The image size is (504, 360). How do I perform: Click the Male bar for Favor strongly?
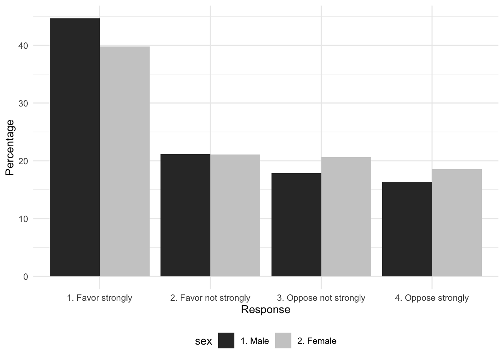[x=75, y=147]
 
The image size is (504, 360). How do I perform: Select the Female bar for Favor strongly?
[x=124, y=161]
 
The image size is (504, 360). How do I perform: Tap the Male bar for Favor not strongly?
[x=185, y=215]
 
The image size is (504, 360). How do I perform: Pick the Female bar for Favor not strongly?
[x=235, y=215]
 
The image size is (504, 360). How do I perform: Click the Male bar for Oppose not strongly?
[x=296, y=225]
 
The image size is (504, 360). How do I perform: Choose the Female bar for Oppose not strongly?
[x=346, y=217]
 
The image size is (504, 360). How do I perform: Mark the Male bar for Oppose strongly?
[x=407, y=229]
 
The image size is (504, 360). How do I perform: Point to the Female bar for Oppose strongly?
[x=457, y=223]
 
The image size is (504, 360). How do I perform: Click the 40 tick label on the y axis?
[x=23, y=46]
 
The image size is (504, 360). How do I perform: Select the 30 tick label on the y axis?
[x=23, y=103]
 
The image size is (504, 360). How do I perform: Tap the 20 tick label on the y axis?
[x=23, y=161]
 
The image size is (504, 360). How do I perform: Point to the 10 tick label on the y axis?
[x=23, y=219]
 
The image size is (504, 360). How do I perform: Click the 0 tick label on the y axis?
[x=25, y=277]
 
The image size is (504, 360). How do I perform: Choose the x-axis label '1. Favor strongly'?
[x=99, y=298]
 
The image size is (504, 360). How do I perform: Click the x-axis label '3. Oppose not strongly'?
[x=321, y=298]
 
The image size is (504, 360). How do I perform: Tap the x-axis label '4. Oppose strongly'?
[x=432, y=298]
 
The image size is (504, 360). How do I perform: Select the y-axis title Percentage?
[x=10, y=147]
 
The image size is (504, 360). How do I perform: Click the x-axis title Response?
[x=265, y=310]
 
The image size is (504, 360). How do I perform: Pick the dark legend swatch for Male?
[x=226, y=340]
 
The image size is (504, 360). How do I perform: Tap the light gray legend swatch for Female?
[x=283, y=340]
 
